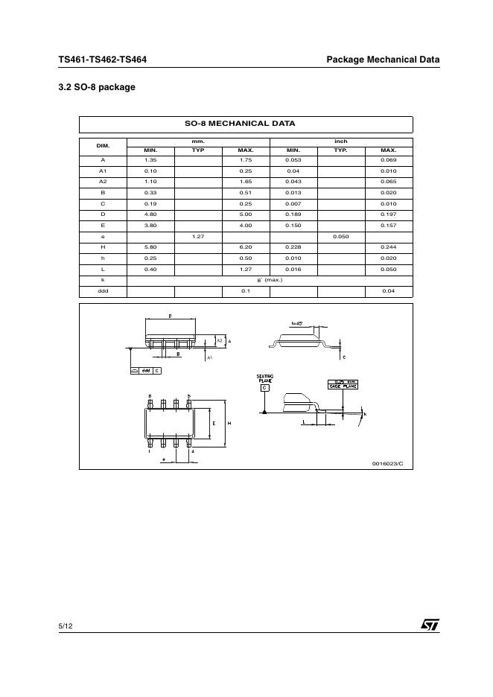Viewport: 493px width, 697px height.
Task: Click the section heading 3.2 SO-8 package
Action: point(97,87)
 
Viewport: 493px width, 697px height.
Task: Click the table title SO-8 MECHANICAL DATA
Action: point(246,124)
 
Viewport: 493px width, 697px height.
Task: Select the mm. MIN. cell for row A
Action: point(150,160)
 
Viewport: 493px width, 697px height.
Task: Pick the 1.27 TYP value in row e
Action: point(198,237)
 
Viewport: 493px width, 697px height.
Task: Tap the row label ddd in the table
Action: point(104,290)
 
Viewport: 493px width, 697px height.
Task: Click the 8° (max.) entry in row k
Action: point(270,280)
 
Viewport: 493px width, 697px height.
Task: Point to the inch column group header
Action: point(340,141)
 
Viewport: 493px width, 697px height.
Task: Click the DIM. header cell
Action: point(104,145)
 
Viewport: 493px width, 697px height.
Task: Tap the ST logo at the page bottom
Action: point(430,626)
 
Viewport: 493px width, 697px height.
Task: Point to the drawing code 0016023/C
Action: point(387,463)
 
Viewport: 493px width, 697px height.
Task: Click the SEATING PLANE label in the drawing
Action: point(264,378)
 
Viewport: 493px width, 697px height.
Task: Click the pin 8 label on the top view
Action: point(150,395)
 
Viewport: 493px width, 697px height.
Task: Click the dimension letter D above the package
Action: point(170,316)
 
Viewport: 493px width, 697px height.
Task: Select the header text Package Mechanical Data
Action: point(383,60)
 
